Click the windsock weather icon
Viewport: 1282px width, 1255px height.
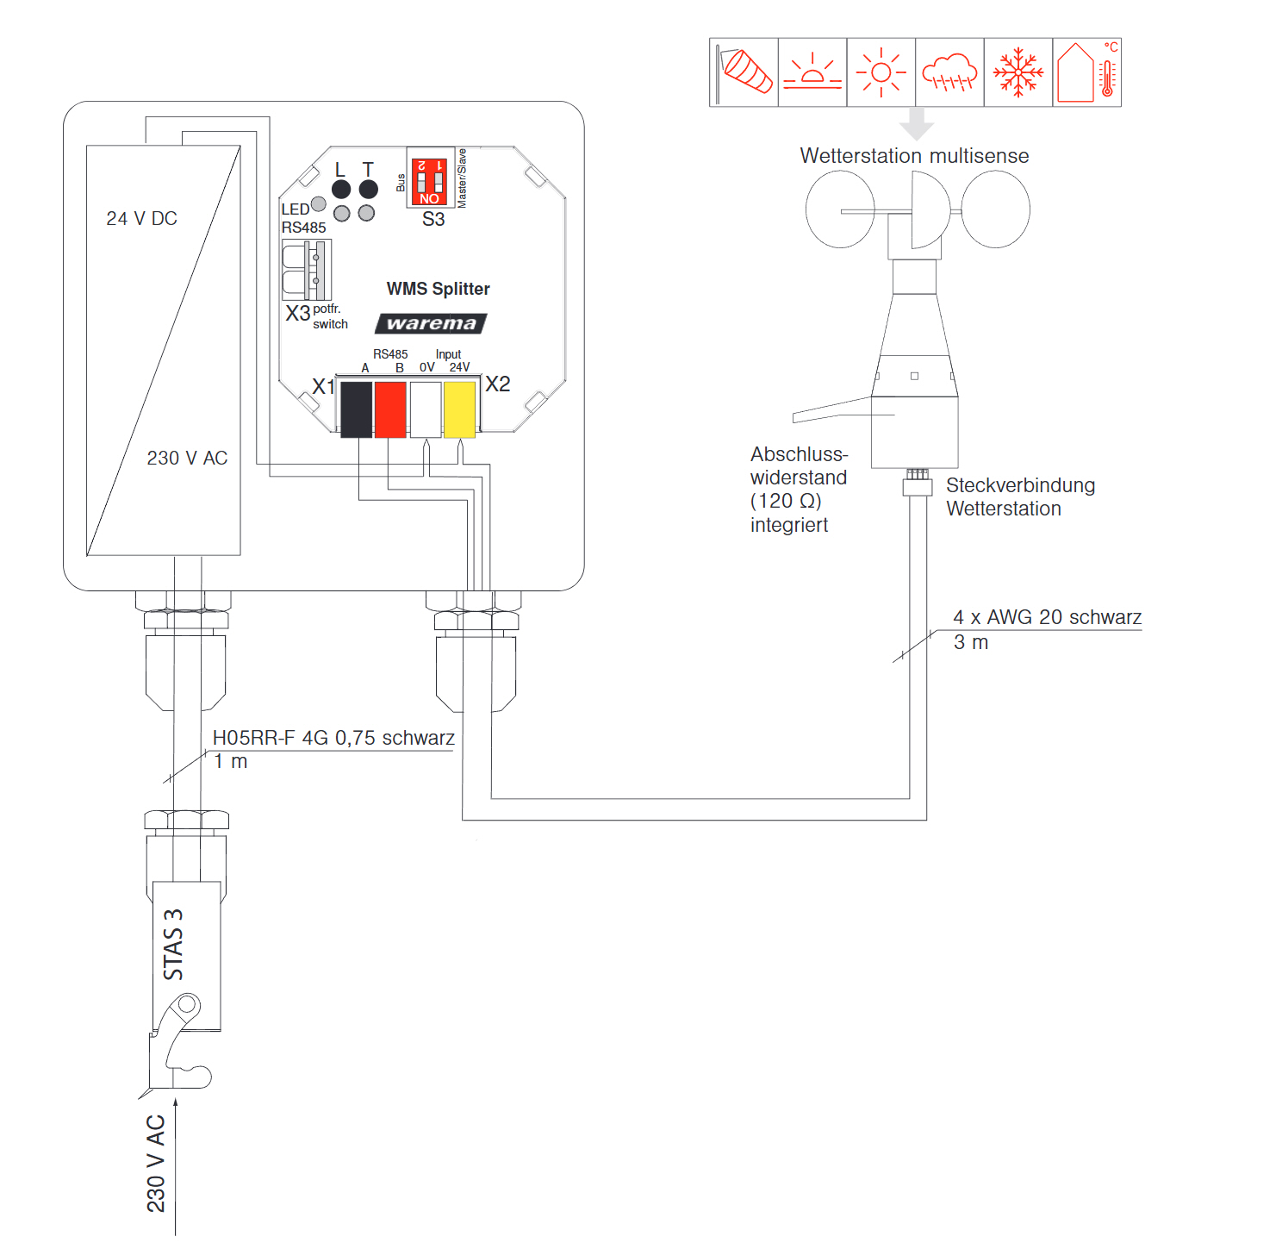pos(744,72)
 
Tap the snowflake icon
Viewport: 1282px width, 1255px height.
pos(1018,72)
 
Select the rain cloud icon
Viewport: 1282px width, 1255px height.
pos(949,72)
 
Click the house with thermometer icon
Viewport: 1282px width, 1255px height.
pos(1086,72)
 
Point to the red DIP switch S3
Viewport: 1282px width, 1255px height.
pos(429,181)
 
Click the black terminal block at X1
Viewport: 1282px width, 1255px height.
pos(356,409)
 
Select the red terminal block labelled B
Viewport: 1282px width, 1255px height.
pos(390,409)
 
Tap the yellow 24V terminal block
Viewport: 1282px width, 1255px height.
pos(459,409)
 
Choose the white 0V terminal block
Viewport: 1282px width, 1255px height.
pos(426,409)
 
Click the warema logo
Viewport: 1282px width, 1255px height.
pos(431,323)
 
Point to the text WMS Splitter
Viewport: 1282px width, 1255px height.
pos(438,289)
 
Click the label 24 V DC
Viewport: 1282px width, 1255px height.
pos(141,219)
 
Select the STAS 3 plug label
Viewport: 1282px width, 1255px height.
pos(174,945)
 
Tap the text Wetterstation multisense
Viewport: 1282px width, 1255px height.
pos(914,156)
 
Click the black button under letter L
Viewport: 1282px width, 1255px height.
pos(341,190)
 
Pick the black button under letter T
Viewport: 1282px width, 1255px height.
pos(368,190)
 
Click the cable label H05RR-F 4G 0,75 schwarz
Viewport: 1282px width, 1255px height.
pos(333,738)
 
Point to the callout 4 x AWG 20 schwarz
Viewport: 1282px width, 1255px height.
pos(1047,617)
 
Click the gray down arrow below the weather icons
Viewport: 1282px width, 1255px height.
pos(917,123)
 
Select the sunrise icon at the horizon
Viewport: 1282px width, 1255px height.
pos(812,72)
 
